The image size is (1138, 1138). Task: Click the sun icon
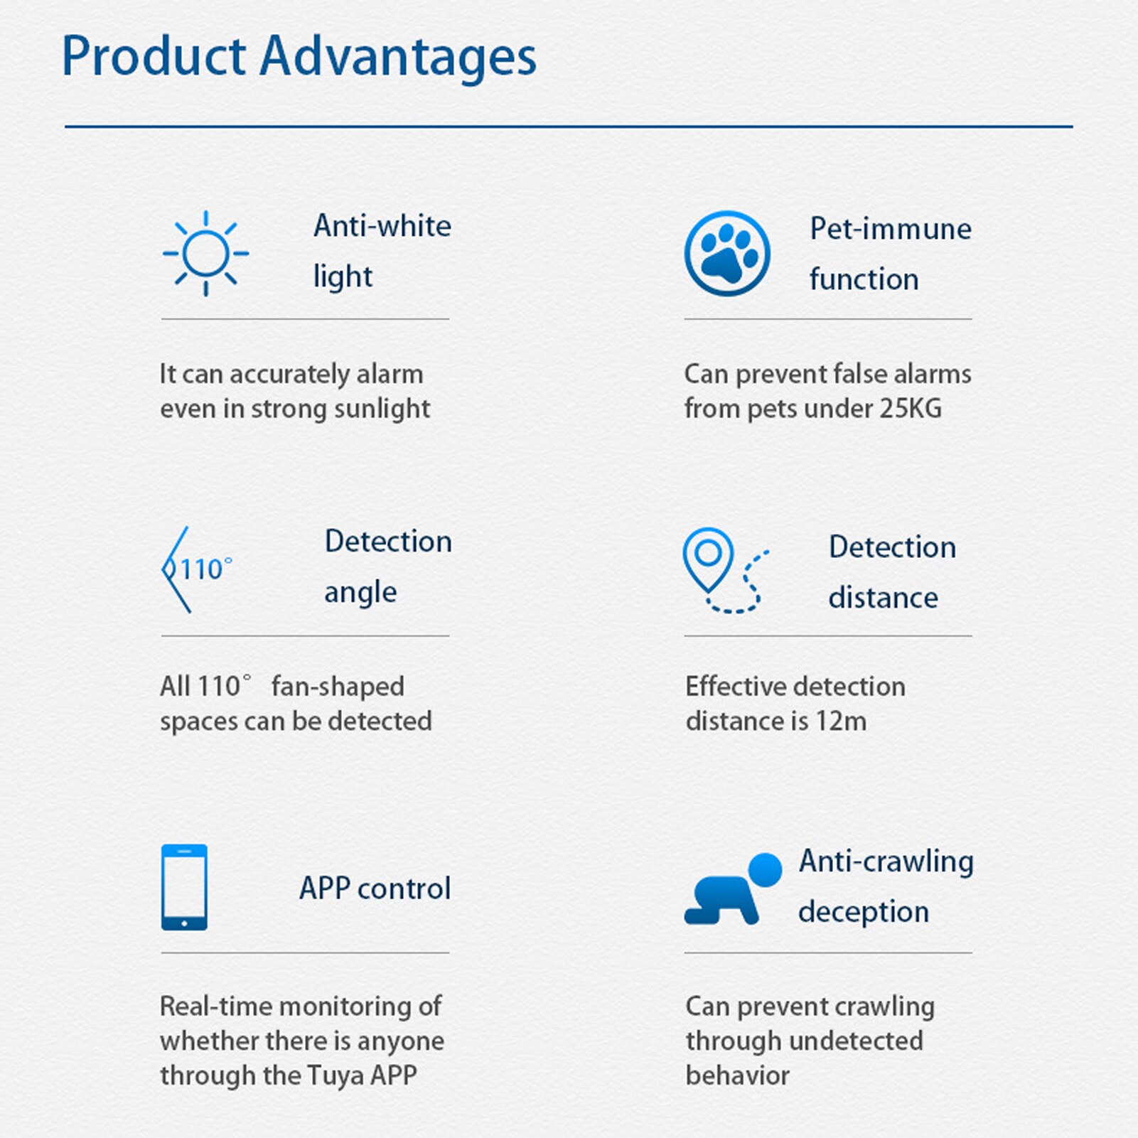[205, 253]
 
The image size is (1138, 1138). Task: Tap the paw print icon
[726, 253]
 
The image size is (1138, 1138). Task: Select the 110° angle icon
[196, 569]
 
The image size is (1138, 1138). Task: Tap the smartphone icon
[184, 887]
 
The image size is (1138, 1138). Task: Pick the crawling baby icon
[732, 889]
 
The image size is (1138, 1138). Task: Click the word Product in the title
[154, 57]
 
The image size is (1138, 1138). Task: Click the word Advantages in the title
[398, 57]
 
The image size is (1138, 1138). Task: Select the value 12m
[841, 721]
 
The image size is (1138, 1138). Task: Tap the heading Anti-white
[382, 226]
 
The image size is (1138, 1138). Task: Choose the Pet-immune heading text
[891, 229]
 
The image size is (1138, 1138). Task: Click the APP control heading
[375, 889]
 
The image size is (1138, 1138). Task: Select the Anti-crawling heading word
[886, 861]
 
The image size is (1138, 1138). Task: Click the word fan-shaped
[338, 687]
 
